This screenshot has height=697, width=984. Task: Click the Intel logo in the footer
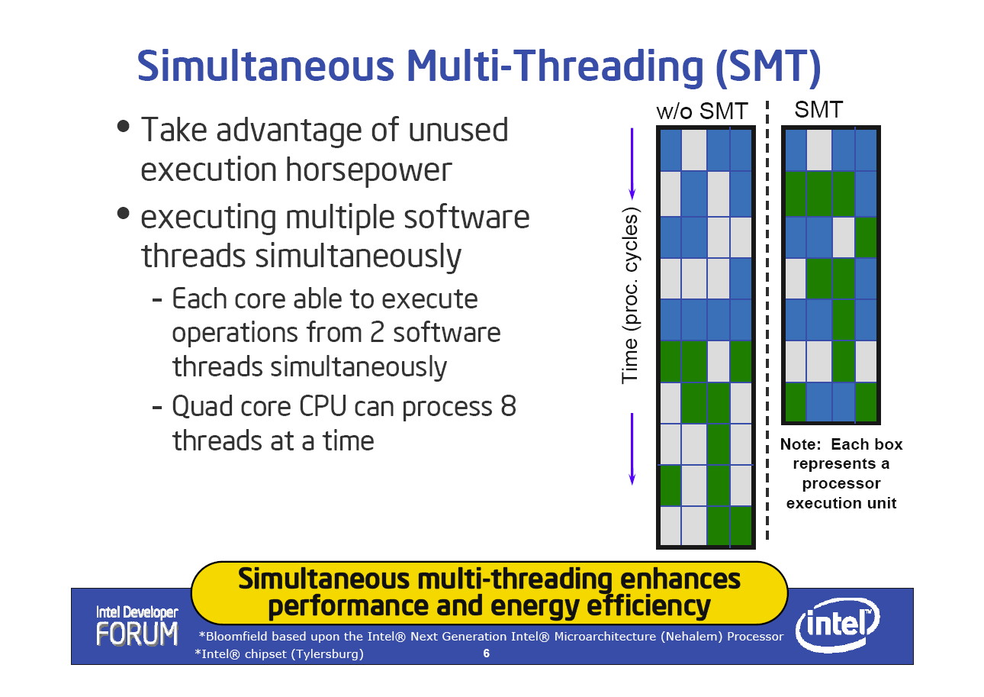[838, 624]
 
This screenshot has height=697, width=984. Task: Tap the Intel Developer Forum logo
[137, 625]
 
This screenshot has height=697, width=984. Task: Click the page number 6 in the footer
[487, 653]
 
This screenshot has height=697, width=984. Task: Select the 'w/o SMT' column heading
[702, 111]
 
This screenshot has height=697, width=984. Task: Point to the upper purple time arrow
[632, 163]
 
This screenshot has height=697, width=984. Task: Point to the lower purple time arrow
[632, 449]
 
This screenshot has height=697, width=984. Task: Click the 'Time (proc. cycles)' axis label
[630, 295]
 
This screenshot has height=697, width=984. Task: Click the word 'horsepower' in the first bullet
[368, 170]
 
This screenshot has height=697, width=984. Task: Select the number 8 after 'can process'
[508, 406]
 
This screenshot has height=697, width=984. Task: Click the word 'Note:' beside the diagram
[800, 444]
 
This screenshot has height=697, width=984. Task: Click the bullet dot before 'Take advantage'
[124, 126]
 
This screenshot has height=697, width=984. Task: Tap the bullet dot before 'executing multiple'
[124, 213]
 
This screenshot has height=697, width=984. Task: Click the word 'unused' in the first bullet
[458, 131]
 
